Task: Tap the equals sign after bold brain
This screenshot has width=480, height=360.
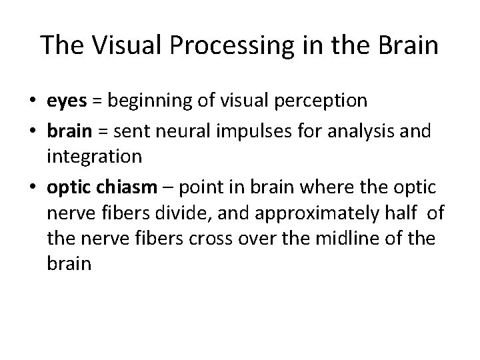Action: (x=96, y=129)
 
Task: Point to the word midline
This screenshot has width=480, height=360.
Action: (x=330, y=239)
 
